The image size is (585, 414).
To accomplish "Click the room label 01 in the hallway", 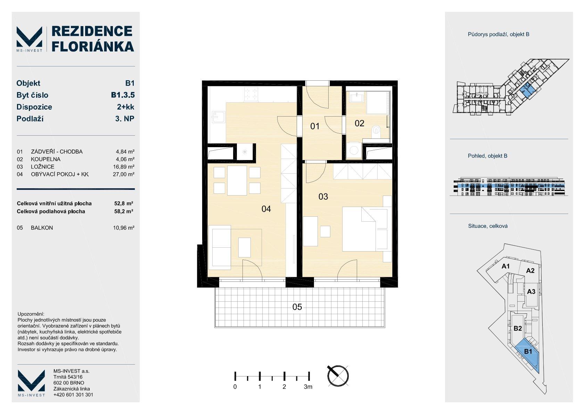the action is pyautogui.click(x=315, y=126).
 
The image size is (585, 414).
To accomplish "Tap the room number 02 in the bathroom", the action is pyautogui.click(x=359, y=123).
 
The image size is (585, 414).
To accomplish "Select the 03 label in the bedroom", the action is pyautogui.click(x=323, y=197).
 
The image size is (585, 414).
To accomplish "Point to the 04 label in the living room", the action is pyautogui.click(x=266, y=209).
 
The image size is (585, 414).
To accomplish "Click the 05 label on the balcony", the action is pyautogui.click(x=297, y=307).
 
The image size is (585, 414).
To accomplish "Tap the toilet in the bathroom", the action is pyautogui.click(x=376, y=130).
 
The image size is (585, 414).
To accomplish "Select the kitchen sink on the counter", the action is pyautogui.click(x=219, y=117).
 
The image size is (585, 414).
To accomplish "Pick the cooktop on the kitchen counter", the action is pyautogui.click(x=251, y=94).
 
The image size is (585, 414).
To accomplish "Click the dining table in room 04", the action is pyautogui.click(x=237, y=181).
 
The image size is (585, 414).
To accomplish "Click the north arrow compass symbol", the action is pyautogui.click(x=338, y=375).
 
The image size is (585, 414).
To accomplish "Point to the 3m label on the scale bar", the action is pyautogui.click(x=308, y=387).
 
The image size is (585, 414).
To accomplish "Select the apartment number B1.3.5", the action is pyautogui.click(x=123, y=95).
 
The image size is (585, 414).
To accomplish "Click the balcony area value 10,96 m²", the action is pyautogui.click(x=124, y=228).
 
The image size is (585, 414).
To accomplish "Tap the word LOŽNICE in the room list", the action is pyautogui.click(x=43, y=167).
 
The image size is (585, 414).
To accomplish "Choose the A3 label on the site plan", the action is pyautogui.click(x=531, y=292).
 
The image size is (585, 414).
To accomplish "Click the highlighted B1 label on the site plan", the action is pyautogui.click(x=528, y=351).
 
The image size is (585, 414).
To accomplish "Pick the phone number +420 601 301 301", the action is pyautogui.click(x=73, y=395).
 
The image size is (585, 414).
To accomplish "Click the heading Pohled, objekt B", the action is pyautogui.click(x=487, y=156).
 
